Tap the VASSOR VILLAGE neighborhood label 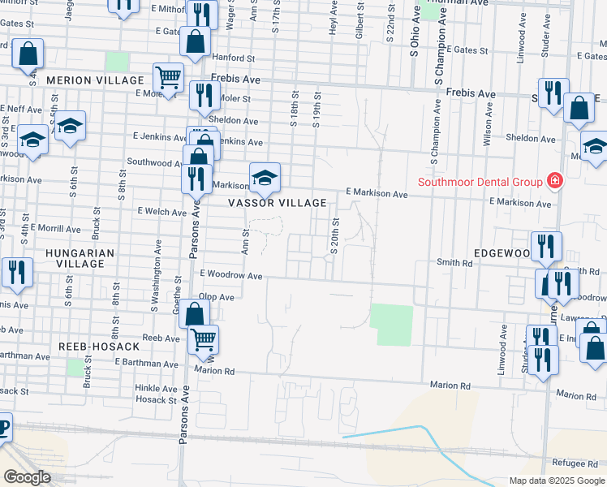click(278, 203)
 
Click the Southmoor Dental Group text click(480, 181)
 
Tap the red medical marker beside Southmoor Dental click(555, 180)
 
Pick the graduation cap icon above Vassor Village click(265, 176)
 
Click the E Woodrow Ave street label click(230, 276)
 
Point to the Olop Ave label click(217, 297)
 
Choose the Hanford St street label click(233, 58)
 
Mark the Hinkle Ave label click(156, 389)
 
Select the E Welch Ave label click(163, 212)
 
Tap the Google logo click(27, 477)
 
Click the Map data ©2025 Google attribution click(557, 481)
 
